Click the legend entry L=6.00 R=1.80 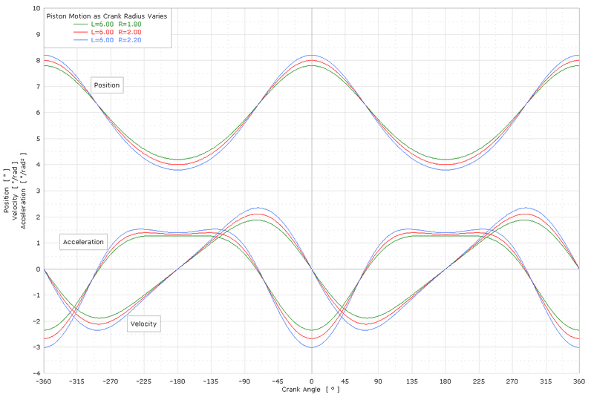click(x=115, y=24)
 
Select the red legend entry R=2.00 click(x=115, y=32)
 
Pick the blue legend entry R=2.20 click(x=115, y=40)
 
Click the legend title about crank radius click(x=106, y=15)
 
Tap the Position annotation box click(x=107, y=85)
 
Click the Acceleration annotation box click(x=84, y=242)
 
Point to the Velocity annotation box click(x=144, y=324)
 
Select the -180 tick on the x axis click(x=177, y=381)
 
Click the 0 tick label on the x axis click(x=312, y=381)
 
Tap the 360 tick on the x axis click(x=578, y=381)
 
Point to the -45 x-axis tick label click(x=278, y=381)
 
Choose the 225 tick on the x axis click(x=479, y=381)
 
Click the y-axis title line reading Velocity click(x=16, y=189)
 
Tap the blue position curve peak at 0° click(x=312, y=55)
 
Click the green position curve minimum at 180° click(x=446, y=159)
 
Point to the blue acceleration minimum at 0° click(x=312, y=347)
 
